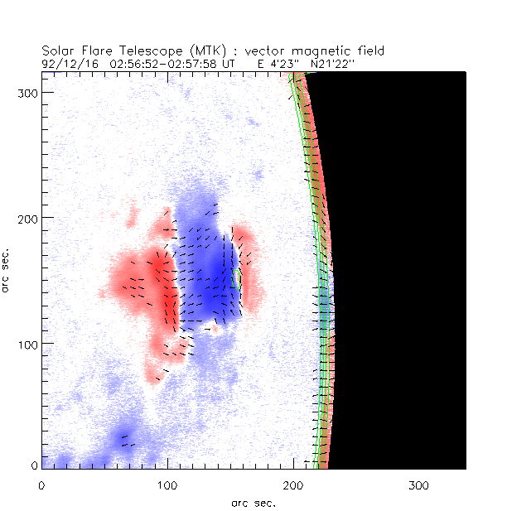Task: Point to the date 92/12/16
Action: (63, 62)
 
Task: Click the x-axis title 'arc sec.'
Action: (253, 502)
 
